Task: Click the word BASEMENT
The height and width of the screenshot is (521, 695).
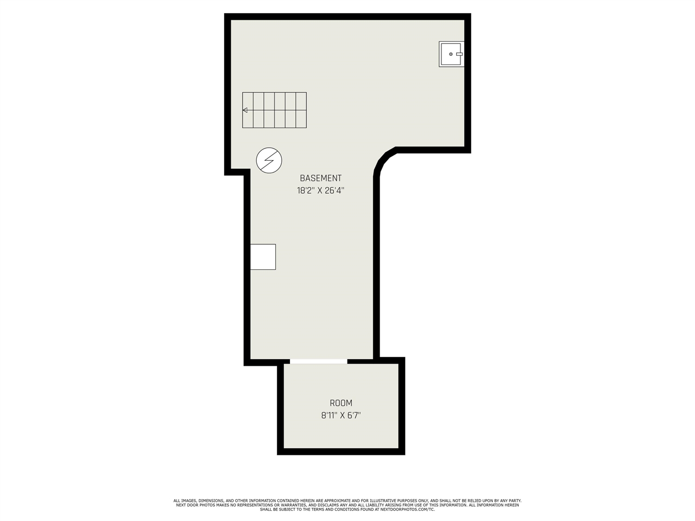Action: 320,178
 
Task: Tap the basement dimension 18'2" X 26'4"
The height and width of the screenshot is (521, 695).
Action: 320,190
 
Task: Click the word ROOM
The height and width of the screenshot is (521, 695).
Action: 341,403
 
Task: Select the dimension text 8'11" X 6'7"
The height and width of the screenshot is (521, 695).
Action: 341,415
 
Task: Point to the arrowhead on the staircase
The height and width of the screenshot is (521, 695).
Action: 245,110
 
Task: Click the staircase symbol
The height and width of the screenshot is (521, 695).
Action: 274,110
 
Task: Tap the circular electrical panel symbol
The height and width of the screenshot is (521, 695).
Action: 269,161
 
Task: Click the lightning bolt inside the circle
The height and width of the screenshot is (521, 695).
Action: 269,161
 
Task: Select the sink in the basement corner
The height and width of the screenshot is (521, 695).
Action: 451,54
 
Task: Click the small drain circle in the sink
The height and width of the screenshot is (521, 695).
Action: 451,54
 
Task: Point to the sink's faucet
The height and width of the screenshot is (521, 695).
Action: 459,54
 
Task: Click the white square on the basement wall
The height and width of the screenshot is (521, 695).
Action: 263,257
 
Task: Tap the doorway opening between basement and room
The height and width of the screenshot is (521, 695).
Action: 319,361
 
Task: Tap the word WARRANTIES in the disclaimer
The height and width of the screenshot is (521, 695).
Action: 292,505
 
